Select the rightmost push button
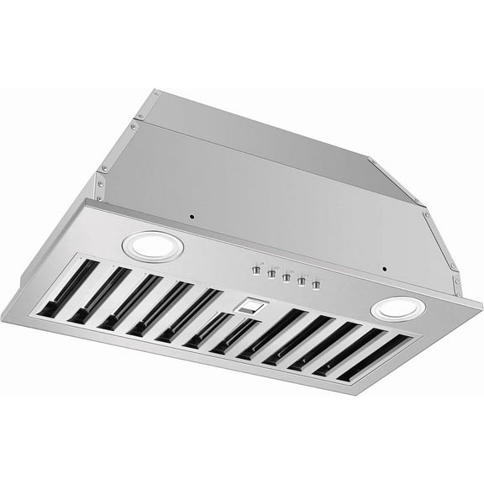click(x=317, y=287)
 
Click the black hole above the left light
click(x=192, y=216)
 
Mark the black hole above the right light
click(x=384, y=270)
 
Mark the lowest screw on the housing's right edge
click(x=455, y=268)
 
